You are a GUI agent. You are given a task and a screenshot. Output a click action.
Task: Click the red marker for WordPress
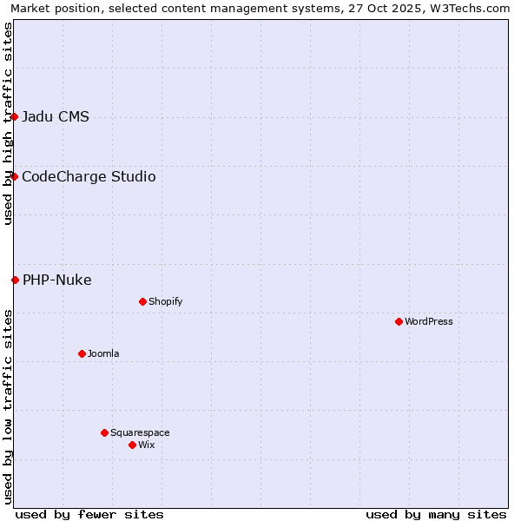coord(399,321)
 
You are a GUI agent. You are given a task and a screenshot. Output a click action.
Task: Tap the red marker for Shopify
coord(142,301)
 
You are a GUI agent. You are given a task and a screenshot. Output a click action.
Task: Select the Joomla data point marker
coord(82,353)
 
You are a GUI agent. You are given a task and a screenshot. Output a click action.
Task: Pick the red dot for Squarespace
coord(104,432)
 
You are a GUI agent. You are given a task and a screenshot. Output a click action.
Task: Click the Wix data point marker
coord(132,445)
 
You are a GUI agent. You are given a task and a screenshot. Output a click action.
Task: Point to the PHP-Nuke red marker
coord(15,280)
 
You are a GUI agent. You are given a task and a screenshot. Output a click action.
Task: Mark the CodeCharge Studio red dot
coord(14,176)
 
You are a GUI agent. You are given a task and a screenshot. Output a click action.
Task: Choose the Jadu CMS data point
coord(14,116)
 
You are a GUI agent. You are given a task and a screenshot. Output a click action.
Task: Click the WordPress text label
coord(429,321)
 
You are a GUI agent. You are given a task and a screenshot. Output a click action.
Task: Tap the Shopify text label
coord(165,301)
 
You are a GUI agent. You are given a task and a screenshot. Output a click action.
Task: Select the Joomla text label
coord(103,353)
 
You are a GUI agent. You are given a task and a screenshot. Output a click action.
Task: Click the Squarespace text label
coord(140,432)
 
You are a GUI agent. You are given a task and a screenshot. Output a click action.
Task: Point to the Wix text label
coord(147,445)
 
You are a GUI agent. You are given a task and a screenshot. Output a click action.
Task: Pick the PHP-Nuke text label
coord(57,280)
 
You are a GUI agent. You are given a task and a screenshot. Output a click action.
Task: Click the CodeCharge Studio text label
coord(89,176)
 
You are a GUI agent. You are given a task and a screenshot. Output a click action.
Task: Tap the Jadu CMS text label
coord(56,116)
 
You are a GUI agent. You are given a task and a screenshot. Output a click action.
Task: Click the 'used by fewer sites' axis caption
coord(89,514)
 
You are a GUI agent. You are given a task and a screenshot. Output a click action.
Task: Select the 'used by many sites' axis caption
coord(436,514)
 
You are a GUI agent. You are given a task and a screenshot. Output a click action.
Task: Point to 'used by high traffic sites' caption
coord(8,123)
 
